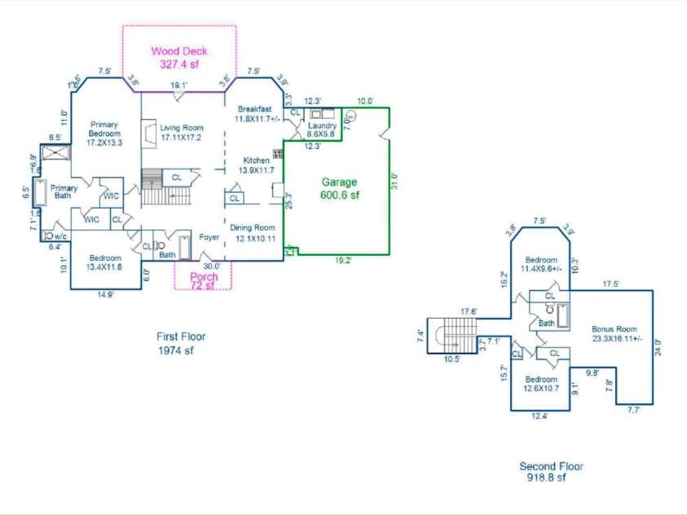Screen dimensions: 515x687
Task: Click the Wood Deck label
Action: pos(178,57)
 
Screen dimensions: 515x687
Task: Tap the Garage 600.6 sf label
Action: pos(339,189)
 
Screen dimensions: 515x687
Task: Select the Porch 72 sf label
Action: pos(204,281)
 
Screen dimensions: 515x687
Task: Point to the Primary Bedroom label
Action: pos(104,134)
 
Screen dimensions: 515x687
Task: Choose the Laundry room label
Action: pos(322,130)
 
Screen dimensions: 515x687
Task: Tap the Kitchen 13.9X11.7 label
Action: pos(255,166)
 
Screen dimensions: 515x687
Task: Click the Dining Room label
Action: pos(256,233)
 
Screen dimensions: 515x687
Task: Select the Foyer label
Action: pos(209,238)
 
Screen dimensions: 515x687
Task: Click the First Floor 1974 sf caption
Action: pos(181,343)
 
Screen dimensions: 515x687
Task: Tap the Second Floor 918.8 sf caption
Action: pos(551,473)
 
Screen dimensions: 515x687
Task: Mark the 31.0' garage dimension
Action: pos(394,180)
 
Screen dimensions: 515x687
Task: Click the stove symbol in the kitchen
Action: pos(278,153)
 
